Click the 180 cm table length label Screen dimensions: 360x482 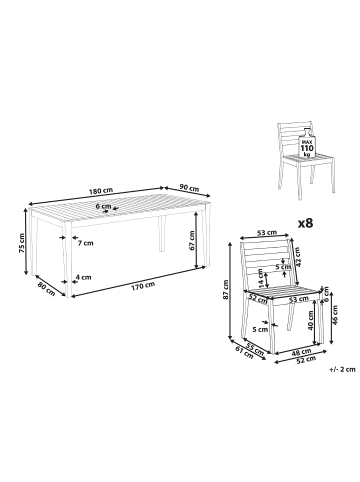(101, 191)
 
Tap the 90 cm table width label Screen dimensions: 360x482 (189, 188)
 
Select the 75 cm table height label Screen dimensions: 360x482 (22, 242)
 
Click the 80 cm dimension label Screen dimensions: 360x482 (46, 288)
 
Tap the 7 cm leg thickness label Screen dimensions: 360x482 (85, 243)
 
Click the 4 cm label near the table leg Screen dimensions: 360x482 (83, 277)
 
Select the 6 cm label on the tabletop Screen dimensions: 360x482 (103, 206)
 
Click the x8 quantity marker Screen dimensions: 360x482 (305, 223)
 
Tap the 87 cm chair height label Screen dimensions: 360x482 (226, 289)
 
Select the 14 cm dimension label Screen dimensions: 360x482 (262, 279)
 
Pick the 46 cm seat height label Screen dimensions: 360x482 (335, 314)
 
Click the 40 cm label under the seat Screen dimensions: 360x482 (310, 320)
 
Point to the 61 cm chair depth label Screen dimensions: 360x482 (244, 353)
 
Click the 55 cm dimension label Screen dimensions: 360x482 (255, 348)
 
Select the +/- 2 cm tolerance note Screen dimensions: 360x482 (342, 369)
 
